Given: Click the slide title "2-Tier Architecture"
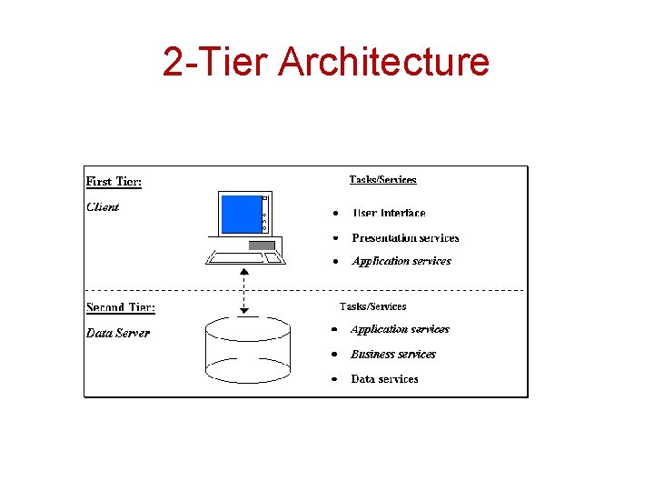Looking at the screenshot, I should [x=326, y=62].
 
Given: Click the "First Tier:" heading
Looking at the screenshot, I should [x=114, y=181].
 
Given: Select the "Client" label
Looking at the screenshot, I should [x=103, y=206].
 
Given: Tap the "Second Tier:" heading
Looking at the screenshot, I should [x=121, y=307].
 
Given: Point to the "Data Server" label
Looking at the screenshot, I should [x=118, y=333].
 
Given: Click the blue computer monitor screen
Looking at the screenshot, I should [x=240, y=214].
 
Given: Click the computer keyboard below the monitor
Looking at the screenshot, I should [x=245, y=257].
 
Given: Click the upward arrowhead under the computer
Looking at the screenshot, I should [x=243, y=272].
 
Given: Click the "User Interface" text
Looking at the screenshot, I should [x=389, y=214].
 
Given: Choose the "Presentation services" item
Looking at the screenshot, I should [x=405, y=238].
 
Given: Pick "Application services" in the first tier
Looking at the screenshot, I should [x=401, y=261].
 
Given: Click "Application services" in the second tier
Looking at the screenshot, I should [x=400, y=329].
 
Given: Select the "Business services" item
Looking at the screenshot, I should [x=393, y=355].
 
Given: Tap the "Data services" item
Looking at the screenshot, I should [x=384, y=379].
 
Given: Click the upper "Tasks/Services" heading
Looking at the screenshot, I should [x=382, y=180].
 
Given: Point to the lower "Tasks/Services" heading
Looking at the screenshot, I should [x=372, y=306].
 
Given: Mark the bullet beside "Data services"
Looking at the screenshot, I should [x=333, y=378].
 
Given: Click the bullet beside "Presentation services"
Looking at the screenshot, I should [x=334, y=237].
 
